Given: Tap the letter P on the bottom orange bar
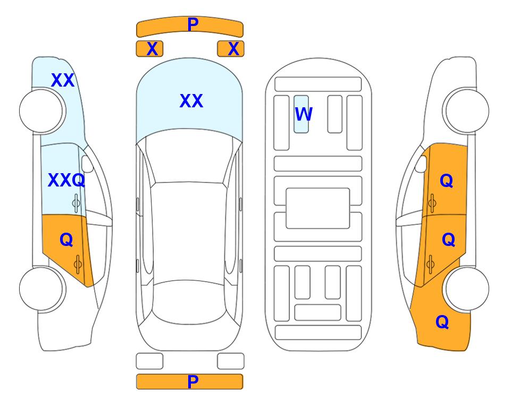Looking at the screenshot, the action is [x=192, y=381].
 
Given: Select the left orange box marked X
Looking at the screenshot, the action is [x=149, y=49].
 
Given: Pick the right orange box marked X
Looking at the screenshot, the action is [x=231, y=49].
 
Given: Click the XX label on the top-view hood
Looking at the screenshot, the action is [x=191, y=101].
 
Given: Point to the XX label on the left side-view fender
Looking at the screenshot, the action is [x=63, y=80].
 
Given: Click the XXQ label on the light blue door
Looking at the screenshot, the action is [x=66, y=180].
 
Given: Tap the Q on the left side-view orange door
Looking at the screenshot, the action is [x=66, y=240].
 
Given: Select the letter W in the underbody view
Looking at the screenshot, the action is [x=304, y=114].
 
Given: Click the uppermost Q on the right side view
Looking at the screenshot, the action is [x=447, y=181].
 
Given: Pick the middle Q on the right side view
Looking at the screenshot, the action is [x=448, y=240].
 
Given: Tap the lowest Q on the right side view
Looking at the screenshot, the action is [x=442, y=322].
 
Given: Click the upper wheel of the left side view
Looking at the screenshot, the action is [x=41, y=111].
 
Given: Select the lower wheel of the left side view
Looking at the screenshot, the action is [x=41, y=289].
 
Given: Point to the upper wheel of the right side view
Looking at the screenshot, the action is [x=467, y=110].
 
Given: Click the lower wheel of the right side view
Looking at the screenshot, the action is [x=467, y=288].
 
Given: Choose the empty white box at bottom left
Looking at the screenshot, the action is [x=149, y=361].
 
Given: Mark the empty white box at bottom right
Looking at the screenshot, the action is [x=231, y=361].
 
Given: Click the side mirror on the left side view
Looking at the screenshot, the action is [x=87, y=164].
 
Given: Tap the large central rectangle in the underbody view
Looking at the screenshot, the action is [x=318, y=208].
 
